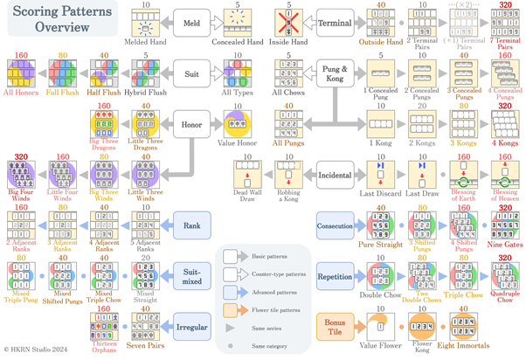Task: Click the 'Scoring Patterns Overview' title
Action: [x=58, y=19]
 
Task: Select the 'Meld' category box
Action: [x=190, y=22]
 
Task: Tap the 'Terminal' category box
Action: [x=336, y=22]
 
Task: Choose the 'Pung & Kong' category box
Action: [x=336, y=69]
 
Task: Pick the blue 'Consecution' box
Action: [x=339, y=225]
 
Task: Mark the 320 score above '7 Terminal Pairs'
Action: [x=504, y=4]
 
